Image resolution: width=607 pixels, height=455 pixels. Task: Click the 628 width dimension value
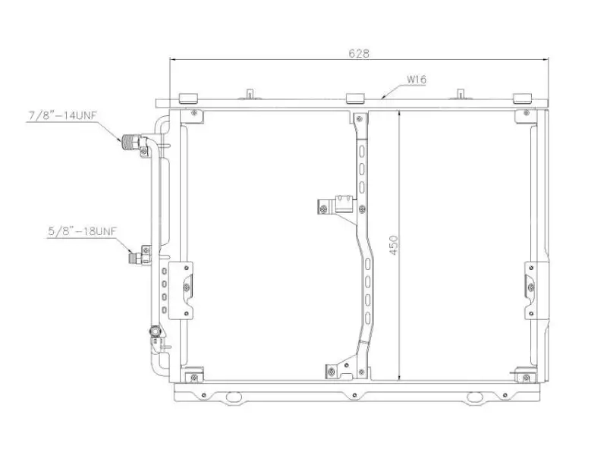pyautogui.click(x=359, y=53)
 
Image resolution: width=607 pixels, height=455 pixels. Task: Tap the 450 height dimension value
pyautogui.click(x=393, y=245)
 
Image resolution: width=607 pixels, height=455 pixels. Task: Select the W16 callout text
pyautogui.click(x=416, y=80)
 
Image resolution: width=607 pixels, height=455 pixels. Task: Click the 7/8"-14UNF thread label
pyautogui.click(x=63, y=116)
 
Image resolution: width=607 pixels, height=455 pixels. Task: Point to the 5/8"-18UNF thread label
pyautogui.click(x=82, y=231)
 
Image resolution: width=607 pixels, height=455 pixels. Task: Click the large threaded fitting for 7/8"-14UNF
pyautogui.click(x=131, y=142)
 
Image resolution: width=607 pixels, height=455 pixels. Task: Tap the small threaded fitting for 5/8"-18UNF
pyautogui.click(x=135, y=257)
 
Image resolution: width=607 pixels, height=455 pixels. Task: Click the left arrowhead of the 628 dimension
pyautogui.click(x=173, y=60)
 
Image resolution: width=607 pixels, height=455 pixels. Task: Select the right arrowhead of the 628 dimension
pyautogui.click(x=546, y=60)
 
